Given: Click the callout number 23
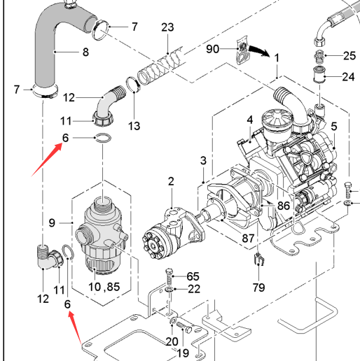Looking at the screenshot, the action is click(x=167, y=27).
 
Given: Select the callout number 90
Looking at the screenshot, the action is click(x=212, y=49).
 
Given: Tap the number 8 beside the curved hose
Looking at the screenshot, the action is click(x=85, y=52).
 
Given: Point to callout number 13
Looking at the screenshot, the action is click(x=134, y=126).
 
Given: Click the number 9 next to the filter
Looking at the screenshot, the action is click(x=52, y=223).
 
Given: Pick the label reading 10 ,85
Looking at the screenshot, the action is click(x=104, y=287).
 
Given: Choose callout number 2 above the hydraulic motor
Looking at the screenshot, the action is click(x=171, y=181).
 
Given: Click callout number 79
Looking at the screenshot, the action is click(x=258, y=288).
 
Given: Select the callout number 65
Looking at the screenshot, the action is click(x=193, y=276).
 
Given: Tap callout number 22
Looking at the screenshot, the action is click(x=194, y=289).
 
